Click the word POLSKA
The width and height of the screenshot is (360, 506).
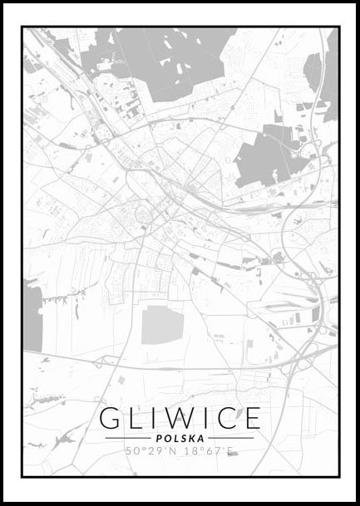[180, 438]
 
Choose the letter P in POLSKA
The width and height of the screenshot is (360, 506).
[160, 438]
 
